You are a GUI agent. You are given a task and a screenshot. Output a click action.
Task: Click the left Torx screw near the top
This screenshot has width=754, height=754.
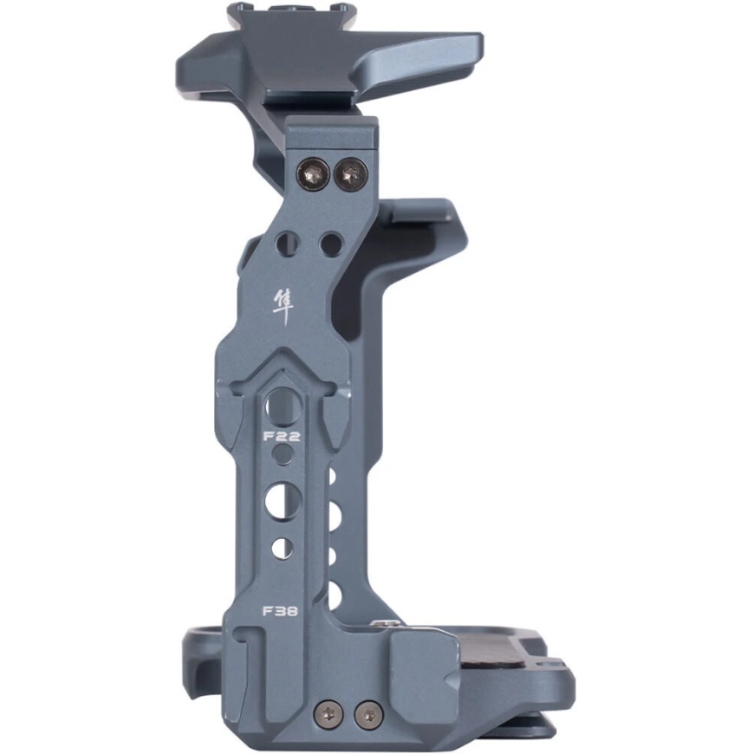click(x=314, y=174)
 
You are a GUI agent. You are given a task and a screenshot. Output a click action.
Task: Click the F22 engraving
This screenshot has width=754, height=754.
click(x=282, y=437)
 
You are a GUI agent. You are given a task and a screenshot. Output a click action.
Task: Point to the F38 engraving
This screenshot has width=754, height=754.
click(x=279, y=611)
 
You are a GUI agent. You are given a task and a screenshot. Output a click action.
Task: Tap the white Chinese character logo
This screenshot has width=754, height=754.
click(x=283, y=308)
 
